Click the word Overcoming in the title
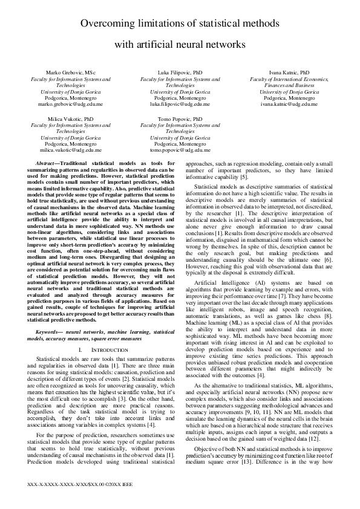tap(111, 24)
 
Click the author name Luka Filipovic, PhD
tap(180, 72)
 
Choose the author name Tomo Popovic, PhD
tap(180, 120)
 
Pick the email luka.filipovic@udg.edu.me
tap(180, 103)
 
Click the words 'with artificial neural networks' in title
tap(180, 44)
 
